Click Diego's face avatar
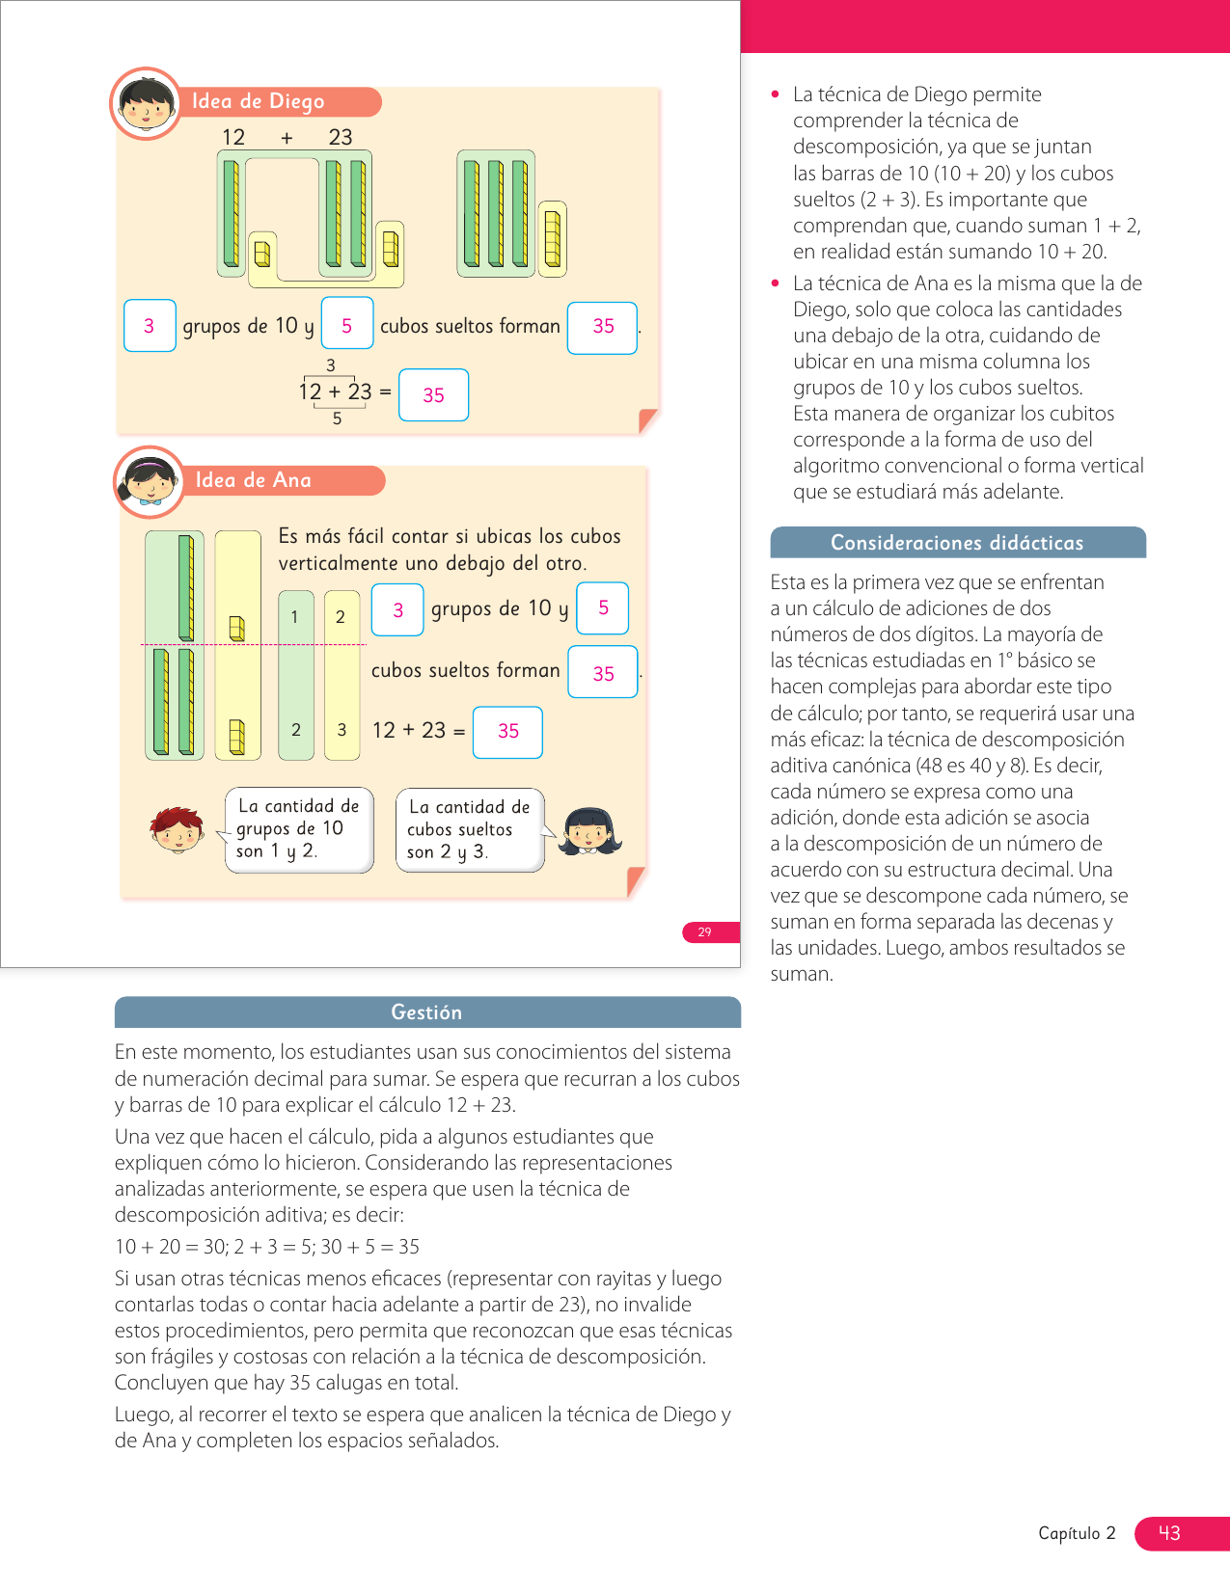(147, 103)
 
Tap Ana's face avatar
(150, 481)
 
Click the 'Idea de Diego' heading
(258, 101)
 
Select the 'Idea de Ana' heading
(254, 480)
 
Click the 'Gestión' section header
(426, 1012)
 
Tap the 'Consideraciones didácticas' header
(957, 543)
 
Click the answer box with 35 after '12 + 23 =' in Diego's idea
(433, 395)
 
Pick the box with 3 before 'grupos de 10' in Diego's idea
(150, 326)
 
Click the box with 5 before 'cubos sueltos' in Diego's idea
(346, 326)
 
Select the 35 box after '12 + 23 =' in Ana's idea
(508, 732)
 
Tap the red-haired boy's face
(177, 829)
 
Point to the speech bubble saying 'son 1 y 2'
(298, 829)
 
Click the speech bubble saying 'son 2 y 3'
(469, 830)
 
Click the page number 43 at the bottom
(1169, 1533)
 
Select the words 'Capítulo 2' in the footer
(1077, 1533)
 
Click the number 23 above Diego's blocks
(341, 137)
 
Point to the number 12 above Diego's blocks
(233, 137)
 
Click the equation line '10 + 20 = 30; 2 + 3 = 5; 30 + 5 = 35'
(267, 1247)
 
